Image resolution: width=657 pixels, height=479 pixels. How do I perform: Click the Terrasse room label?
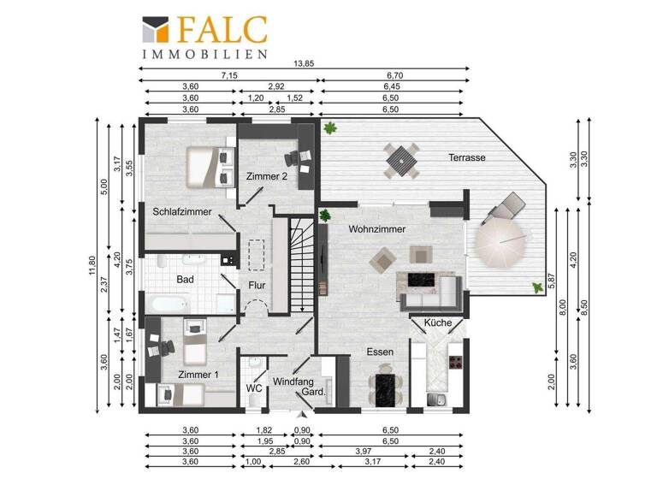467,157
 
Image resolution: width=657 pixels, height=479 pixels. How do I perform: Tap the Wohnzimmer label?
376,229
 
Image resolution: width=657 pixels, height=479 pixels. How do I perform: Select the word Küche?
438,322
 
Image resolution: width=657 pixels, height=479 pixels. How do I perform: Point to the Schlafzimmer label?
182,211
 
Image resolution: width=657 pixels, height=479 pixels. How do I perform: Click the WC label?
254,388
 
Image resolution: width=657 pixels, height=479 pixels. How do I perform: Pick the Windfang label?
293,381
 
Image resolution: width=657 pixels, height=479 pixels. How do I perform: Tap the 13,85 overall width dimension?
304,63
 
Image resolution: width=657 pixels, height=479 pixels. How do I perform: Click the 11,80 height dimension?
92,266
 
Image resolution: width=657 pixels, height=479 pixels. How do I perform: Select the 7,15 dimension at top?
229,75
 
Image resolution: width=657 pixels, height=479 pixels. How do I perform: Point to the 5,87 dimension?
552,281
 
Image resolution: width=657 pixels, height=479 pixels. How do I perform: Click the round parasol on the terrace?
500,243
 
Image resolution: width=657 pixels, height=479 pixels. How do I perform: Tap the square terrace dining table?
401,161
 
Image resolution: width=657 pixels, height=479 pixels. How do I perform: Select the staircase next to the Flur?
302,265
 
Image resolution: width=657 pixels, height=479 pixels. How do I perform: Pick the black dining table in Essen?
386,390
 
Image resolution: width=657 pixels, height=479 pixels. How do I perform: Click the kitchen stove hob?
455,362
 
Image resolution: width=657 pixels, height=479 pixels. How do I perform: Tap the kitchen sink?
436,399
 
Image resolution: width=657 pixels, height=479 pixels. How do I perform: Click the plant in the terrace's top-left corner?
330,127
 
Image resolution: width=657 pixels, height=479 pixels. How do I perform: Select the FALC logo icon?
156,29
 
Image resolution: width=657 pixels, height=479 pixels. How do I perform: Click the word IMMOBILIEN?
205,54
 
